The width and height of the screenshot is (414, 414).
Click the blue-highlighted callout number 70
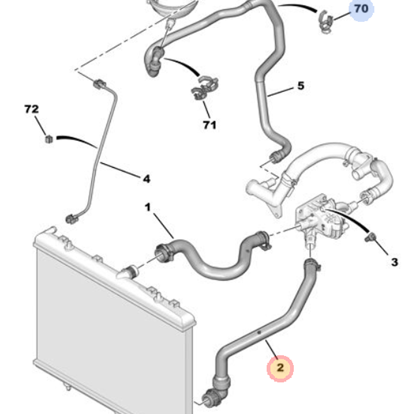coord(361,8)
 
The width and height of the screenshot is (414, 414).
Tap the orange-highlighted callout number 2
coord(280,368)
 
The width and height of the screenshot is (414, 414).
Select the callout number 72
coord(31,109)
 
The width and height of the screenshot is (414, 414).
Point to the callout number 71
coord(209,125)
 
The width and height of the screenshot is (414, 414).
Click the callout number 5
coord(301,86)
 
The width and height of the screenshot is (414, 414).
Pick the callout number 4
coord(146,179)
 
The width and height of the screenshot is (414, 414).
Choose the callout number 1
coord(148,207)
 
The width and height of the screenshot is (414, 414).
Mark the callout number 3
coord(394,262)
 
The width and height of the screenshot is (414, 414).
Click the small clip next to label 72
coord(49,139)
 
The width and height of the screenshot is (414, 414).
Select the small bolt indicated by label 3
coord(371,237)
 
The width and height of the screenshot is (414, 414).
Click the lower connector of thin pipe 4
coord(71,219)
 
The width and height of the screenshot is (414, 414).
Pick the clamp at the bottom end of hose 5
coord(275,156)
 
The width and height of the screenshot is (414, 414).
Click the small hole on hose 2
coord(258,333)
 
